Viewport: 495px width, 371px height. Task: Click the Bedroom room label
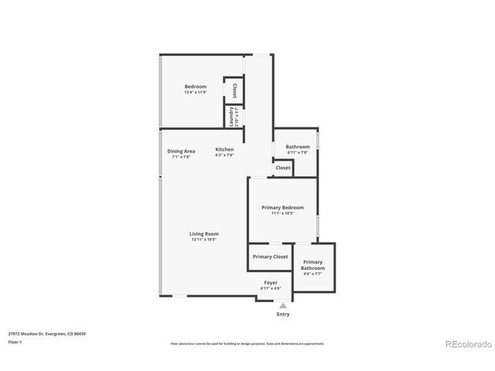click(195, 86)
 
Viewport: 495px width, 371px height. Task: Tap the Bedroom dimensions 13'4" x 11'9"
click(195, 93)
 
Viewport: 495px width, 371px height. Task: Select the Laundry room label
click(230, 116)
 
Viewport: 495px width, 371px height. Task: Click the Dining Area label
click(181, 150)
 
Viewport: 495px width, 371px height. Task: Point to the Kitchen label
click(224, 149)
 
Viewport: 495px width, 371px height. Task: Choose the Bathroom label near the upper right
click(297, 147)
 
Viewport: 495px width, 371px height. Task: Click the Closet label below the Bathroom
click(283, 168)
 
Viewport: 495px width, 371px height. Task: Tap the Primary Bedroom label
click(282, 207)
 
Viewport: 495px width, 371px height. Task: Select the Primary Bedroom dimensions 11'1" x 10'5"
click(282, 214)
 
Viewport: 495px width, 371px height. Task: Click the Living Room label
click(204, 233)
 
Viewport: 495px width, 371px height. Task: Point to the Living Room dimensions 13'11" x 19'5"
click(204, 240)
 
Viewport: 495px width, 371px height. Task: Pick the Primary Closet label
click(270, 257)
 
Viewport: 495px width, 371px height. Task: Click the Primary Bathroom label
click(312, 265)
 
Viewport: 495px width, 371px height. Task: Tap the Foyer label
click(271, 283)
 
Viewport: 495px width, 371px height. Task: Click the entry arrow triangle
click(283, 305)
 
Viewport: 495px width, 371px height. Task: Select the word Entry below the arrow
click(283, 315)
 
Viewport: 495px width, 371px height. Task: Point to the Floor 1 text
click(15, 341)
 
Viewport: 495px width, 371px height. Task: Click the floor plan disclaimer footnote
click(247, 343)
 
